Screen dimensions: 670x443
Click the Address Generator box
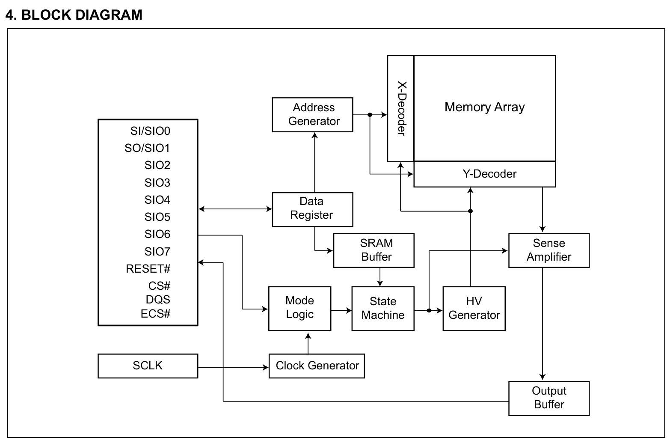point(312,115)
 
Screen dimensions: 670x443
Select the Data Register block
point(312,210)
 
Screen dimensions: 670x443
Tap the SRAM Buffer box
point(374,250)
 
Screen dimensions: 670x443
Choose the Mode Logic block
point(300,309)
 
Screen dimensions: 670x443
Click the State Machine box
point(383,309)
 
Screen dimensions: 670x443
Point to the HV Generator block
point(474,309)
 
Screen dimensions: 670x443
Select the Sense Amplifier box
point(549,250)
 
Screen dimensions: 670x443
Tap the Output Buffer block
point(549,398)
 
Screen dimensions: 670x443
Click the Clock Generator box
point(317,366)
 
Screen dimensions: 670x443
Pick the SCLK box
point(148,366)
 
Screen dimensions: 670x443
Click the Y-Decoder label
point(489,174)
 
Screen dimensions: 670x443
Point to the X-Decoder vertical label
point(402,108)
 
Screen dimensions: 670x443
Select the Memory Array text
point(485,107)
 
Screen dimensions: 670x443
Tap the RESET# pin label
point(148,269)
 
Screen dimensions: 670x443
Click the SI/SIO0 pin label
point(150,131)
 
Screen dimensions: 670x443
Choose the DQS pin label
point(158,300)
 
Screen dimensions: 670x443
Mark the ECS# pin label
point(156,314)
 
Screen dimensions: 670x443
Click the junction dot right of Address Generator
point(370,115)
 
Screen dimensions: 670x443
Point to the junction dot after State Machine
point(429,310)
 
